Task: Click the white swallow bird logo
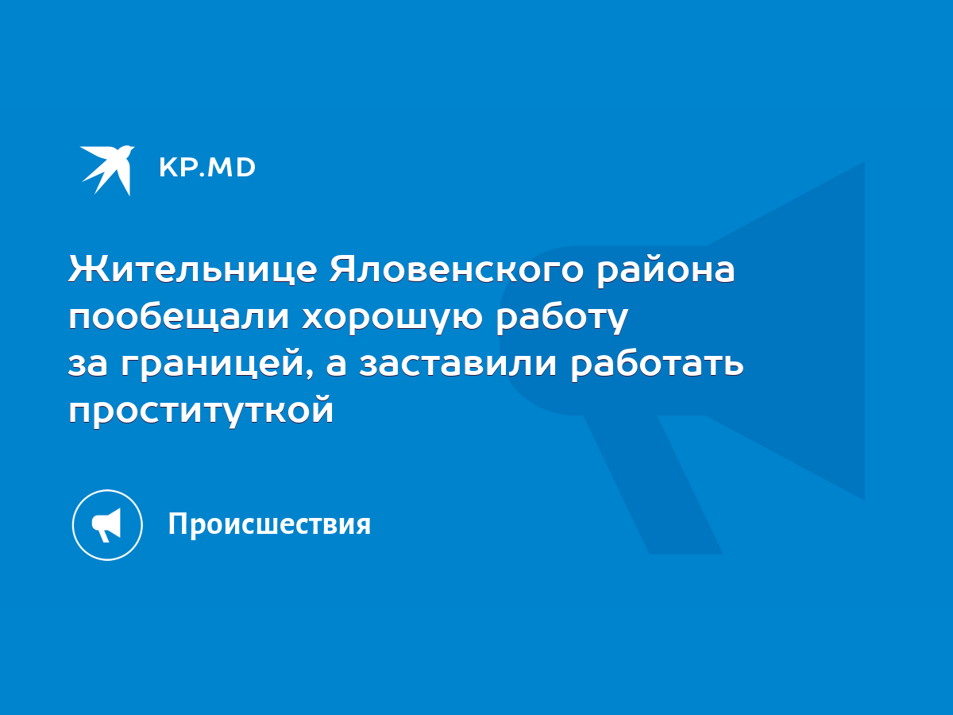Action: click(106, 170)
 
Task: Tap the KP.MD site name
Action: click(207, 168)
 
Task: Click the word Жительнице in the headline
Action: click(192, 269)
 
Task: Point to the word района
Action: click(666, 272)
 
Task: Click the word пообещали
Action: click(179, 316)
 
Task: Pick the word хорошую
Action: click(392, 319)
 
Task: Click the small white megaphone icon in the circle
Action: click(106, 525)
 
